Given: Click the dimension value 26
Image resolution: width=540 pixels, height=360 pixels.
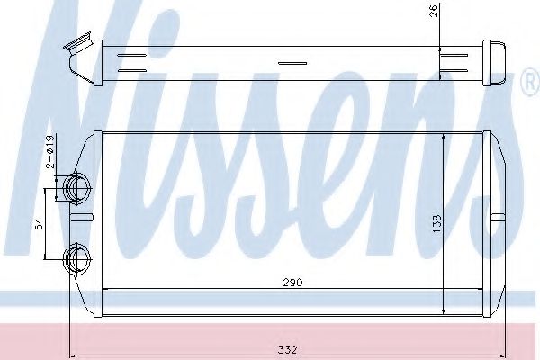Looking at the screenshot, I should tap(436, 12).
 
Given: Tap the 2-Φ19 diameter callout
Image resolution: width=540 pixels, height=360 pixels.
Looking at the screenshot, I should tap(52, 152).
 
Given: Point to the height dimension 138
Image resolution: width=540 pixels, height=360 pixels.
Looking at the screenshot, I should tap(436, 220).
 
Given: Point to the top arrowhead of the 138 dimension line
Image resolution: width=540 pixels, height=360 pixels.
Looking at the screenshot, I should tap(445, 136).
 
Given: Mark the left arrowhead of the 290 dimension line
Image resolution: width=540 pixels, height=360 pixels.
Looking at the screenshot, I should tap(109, 288).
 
